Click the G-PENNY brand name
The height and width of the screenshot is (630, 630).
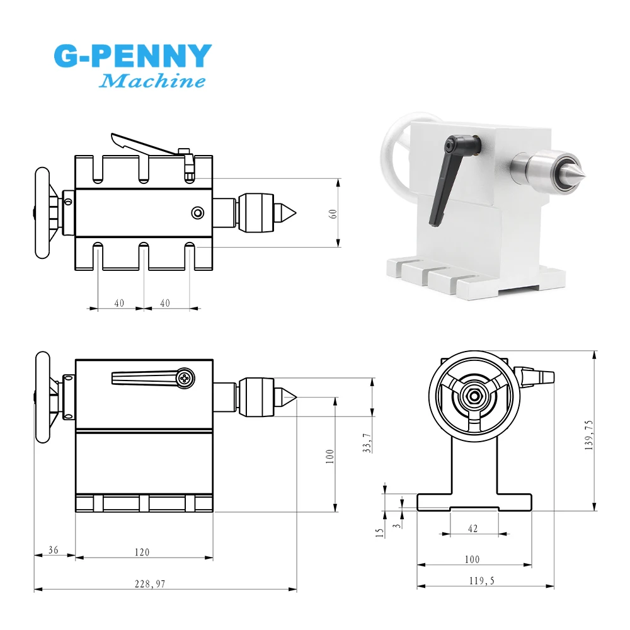pyautogui.click(x=132, y=56)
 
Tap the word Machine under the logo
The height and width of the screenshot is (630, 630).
pyautogui.click(x=152, y=81)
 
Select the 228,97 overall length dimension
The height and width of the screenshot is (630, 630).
pyautogui.click(x=150, y=584)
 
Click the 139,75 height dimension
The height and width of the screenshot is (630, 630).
pyautogui.click(x=589, y=435)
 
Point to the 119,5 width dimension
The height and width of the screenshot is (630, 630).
pyautogui.click(x=482, y=581)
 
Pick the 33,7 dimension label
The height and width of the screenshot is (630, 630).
pyautogui.click(x=367, y=443)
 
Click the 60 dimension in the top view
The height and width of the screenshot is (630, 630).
pyautogui.click(x=333, y=214)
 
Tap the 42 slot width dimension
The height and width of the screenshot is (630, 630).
pyautogui.click(x=473, y=529)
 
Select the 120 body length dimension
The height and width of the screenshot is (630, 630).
pyautogui.click(x=142, y=553)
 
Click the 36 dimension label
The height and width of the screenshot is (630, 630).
pyautogui.click(x=54, y=549)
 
